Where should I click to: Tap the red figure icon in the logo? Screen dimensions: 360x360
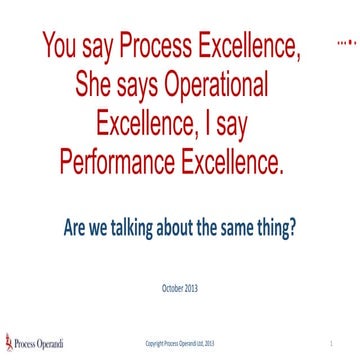(9, 341)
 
